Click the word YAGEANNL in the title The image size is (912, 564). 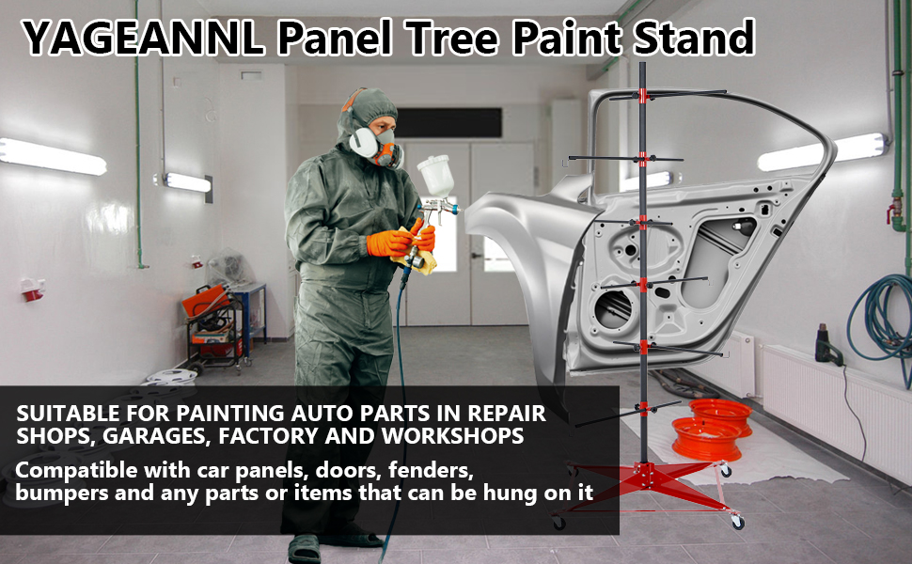143,39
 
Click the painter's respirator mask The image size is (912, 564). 375,147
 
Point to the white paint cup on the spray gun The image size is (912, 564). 435,176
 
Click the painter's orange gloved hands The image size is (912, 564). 401,240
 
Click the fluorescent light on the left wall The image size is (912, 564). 53,156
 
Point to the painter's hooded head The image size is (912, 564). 370,125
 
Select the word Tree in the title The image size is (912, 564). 453,38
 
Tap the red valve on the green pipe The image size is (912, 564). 895,210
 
